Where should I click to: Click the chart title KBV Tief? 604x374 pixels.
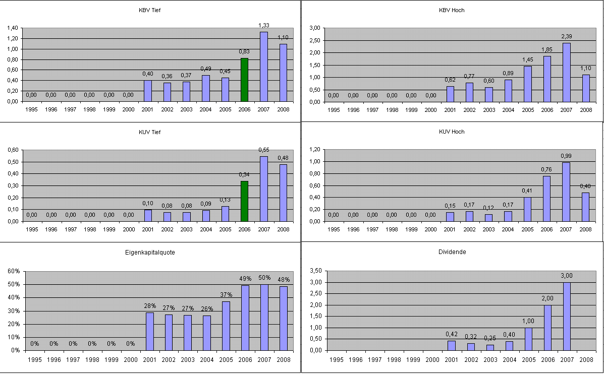click(150, 10)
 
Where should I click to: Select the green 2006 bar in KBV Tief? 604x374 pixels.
click(244, 80)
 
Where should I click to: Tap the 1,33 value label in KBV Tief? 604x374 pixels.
click(263, 25)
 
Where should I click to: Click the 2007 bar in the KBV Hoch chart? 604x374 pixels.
click(566, 72)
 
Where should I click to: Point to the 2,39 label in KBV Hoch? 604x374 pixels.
click(566, 36)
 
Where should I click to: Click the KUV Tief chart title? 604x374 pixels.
click(150, 132)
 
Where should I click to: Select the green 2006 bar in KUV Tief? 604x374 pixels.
click(244, 201)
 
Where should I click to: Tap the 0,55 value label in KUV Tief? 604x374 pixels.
click(263, 150)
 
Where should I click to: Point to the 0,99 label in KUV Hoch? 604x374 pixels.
click(566, 156)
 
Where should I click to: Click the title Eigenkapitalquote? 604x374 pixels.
click(150, 253)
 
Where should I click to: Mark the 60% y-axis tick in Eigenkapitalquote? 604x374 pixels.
click(14, 271)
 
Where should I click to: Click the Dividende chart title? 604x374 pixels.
click(452, 252)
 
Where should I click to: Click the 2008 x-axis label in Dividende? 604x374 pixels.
click(586, 359)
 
